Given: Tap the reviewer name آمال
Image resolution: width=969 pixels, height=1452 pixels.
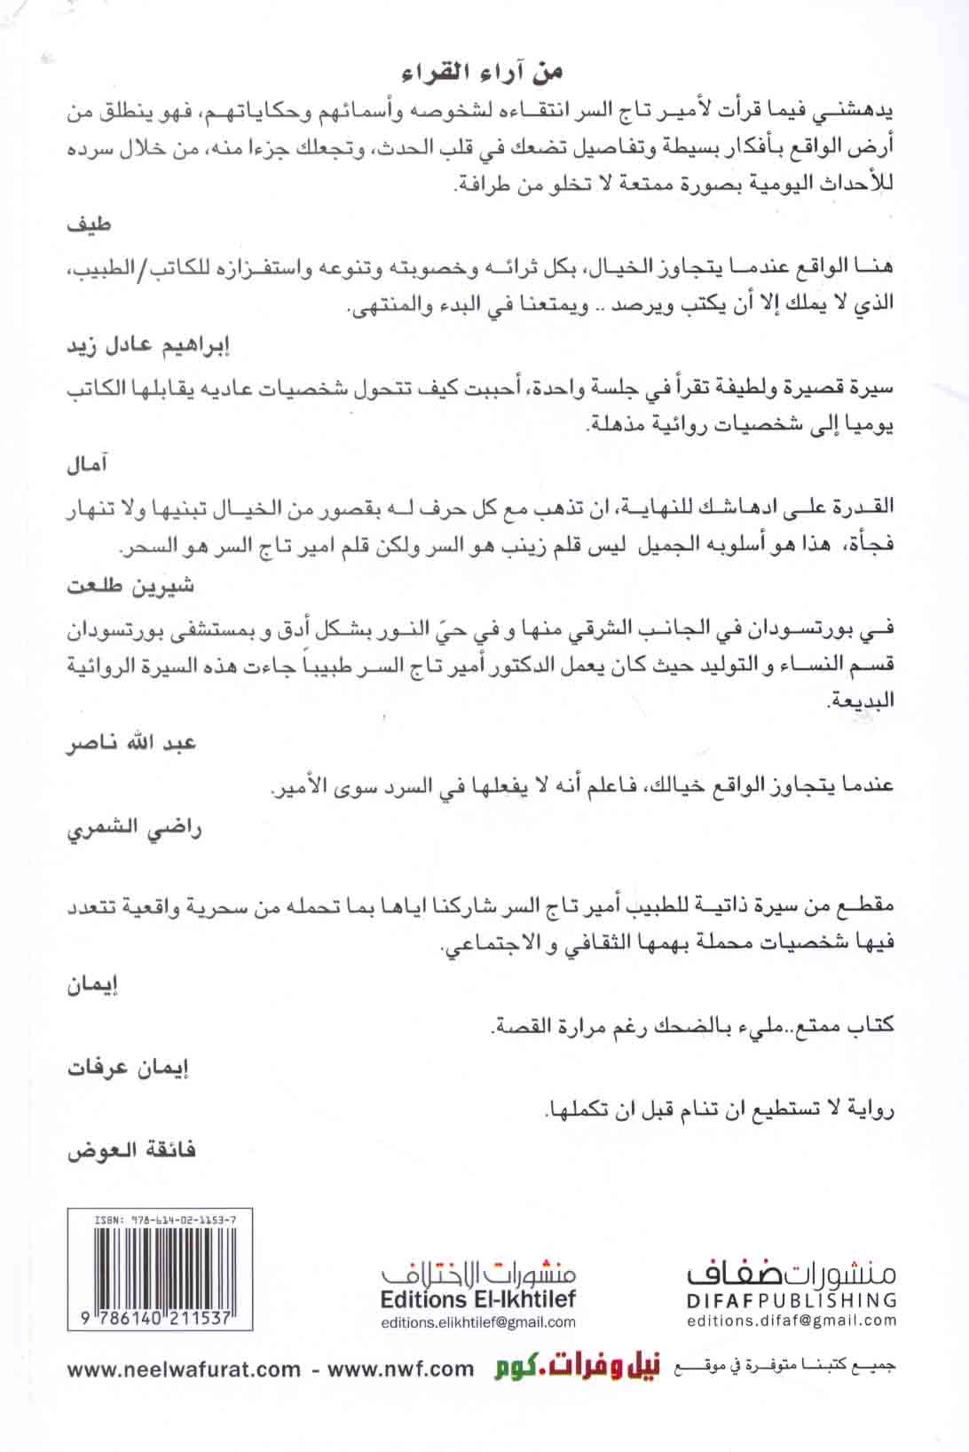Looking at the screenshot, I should (88, 465).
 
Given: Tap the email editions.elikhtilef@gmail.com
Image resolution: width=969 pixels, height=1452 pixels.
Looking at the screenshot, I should (477, 1322).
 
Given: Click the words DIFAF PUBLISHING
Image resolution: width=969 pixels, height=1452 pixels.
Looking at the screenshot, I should (792, 1300).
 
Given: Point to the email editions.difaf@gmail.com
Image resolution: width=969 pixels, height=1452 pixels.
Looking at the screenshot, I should (792, 1320).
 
